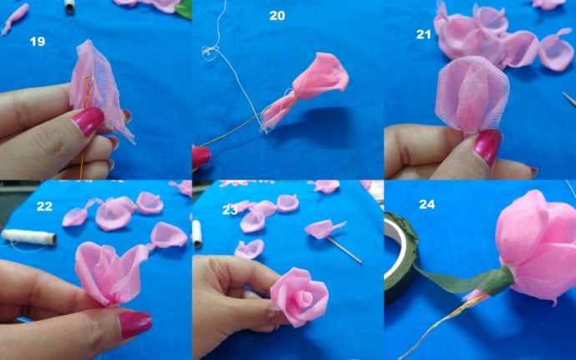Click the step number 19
[37, 42]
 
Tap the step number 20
[276, 16]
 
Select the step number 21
[425, 34]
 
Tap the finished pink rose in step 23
[298, 296]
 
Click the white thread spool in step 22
[28, 237]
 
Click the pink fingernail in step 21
[486, 146]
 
